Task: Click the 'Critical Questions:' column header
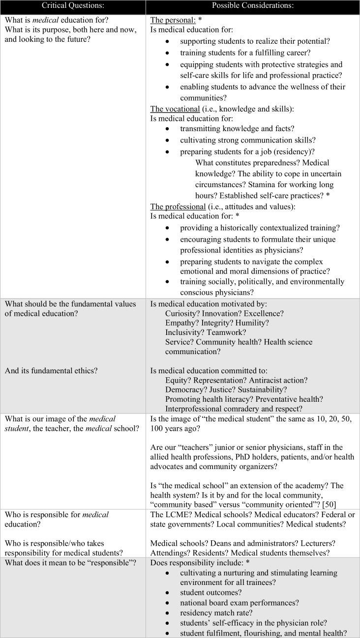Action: tap(73, 6)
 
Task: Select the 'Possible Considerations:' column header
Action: tap(253, 6)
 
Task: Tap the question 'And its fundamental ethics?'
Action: tap(51, 370)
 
